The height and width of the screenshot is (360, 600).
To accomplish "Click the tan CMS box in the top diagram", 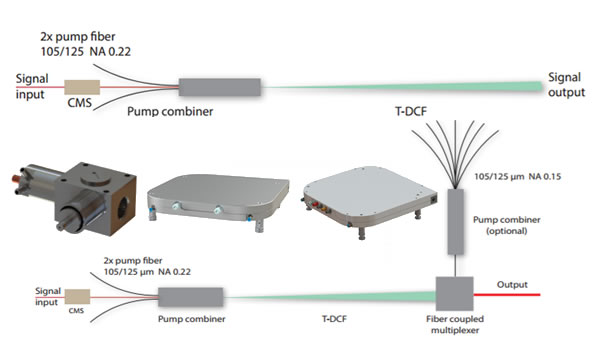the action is pyautogui.click(x=82, y=87).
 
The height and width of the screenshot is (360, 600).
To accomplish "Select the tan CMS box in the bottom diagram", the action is pyautogui.click(x=77, y=296).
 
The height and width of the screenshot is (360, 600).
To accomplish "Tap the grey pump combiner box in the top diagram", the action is pyautogui.click(x=220, y=87).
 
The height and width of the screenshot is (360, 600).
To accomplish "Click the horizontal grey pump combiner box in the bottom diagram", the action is pyautogui.click(x=191, y=297).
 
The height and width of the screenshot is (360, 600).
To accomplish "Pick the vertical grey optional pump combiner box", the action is pyautogui.click(x=455, y=222).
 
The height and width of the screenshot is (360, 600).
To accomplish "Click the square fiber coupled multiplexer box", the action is pyautogui.click(x=455, y=293).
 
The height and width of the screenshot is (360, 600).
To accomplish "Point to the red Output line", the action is pyautogui.click(x=507, y=295).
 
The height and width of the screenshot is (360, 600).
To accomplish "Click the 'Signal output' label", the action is pyautogui.click(x=566, y=85).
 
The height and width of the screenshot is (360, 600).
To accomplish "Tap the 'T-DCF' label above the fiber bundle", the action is pyautogui.click(x=411, y=111).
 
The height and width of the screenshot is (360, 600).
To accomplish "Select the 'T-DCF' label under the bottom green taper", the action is pyautogui.click(x=334, y=319).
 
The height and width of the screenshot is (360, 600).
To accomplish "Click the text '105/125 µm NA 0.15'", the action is pyautogui.click(x=518, y=176).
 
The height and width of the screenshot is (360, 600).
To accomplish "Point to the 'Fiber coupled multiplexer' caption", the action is pyautogui.click(x=455, y=324).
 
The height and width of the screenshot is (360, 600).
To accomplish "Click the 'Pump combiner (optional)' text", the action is pyautogui.click(x=507, y=225).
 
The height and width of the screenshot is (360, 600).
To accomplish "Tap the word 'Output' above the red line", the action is pyautogui.click(x=512, y=285).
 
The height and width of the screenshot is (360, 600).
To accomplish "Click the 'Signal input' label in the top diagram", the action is pyautogui.click(x=32, y=86).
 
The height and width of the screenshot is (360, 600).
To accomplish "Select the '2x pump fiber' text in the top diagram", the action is pyautogui.click(x=78, y=37).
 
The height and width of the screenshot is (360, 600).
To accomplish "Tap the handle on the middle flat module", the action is pyautogui.click(x=196, y=210).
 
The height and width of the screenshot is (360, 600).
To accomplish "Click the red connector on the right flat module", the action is pyautogui.click(x=315, y=204).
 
